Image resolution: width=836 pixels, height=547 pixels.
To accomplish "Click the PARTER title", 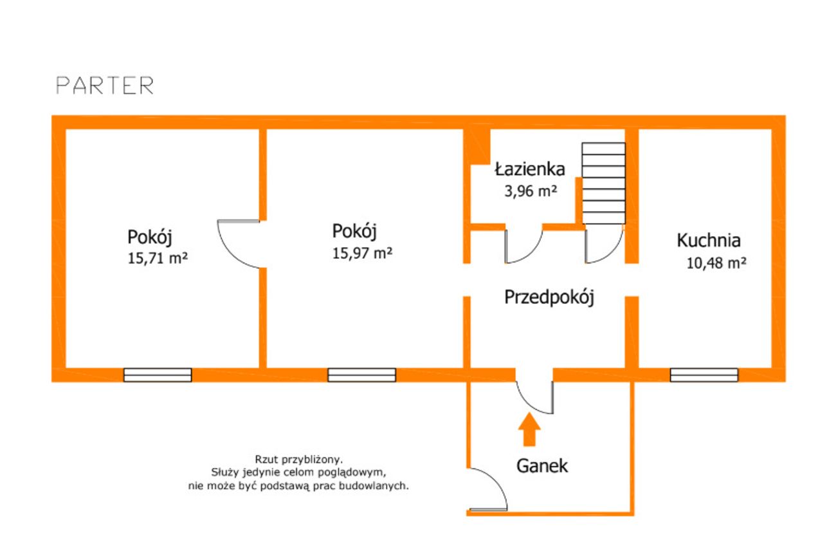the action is click(105, 86).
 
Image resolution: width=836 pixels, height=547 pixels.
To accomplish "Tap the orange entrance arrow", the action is click(529, 429).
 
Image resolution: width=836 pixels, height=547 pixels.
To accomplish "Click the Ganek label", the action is click(542, 466).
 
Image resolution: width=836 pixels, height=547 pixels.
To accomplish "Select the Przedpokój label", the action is click(549, 298).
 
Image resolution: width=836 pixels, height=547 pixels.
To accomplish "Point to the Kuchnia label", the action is click(709, 241).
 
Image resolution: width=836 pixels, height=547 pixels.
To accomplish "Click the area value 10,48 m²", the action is click(716, 263).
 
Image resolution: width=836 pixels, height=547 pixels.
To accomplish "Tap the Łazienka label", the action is click(530, 169).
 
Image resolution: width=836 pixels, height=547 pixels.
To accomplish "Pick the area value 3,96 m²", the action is click(531, 191).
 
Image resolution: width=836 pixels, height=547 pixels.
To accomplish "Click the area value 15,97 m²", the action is click(362, 253).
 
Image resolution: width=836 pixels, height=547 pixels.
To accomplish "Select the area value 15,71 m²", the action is click(158, 259).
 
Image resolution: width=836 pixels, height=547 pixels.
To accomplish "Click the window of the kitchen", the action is click(704, 375).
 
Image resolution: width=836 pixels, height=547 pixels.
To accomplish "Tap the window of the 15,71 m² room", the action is click(158, 375).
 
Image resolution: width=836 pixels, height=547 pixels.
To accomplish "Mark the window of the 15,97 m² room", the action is click(361, 375).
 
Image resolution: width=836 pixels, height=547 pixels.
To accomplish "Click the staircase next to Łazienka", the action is click(603, 183).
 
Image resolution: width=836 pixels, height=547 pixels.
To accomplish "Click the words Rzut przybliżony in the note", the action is click(298, 459).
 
